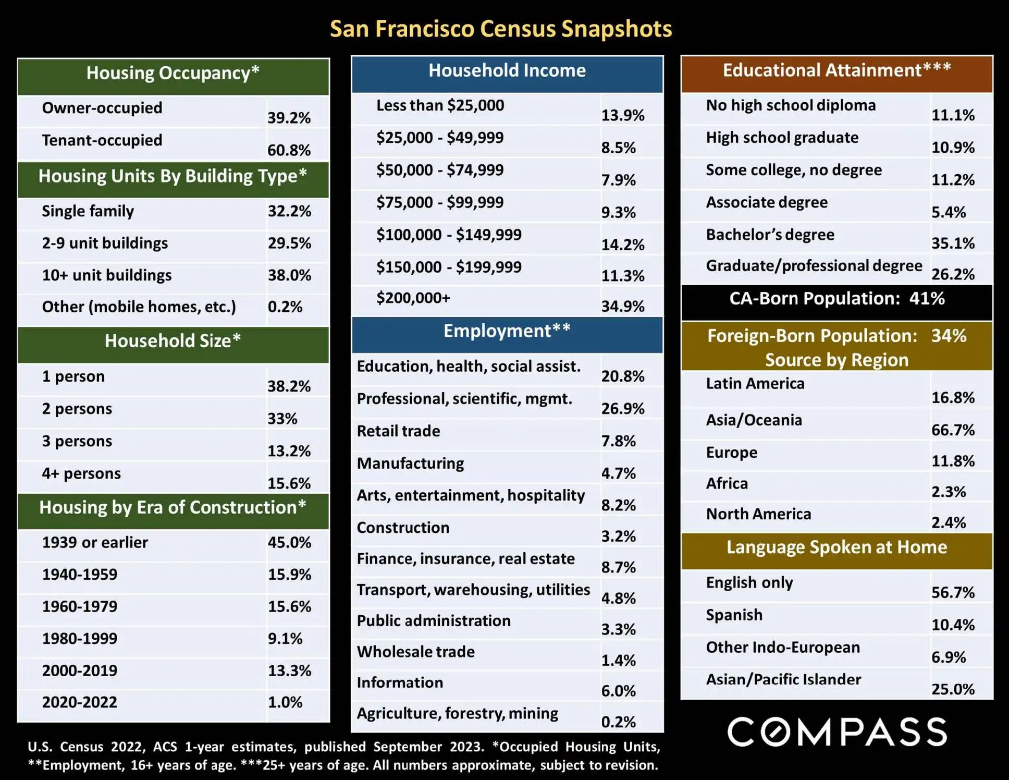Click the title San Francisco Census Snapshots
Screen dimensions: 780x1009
tap(501, 29)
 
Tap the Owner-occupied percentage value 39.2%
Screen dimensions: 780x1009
tap(289, 118)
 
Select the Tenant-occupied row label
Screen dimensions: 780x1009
tap(102, 140)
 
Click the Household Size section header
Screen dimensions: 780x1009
tap(173, 341)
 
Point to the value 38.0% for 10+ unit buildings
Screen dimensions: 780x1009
tap(289, 275)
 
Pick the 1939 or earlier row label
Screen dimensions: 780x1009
tap(95, 542)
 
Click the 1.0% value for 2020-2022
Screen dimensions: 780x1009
tap(285, 702)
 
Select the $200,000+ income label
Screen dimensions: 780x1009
tap(413, 298)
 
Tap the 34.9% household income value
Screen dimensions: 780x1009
tap(623, 306)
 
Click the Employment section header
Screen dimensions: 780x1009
tap(507, 331)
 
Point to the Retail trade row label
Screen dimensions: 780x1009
tap(398, 431)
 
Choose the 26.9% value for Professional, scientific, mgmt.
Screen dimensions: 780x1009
tap(623, 408)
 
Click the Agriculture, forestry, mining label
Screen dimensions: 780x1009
tap(457, 713)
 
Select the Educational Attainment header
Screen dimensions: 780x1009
tap(836, 70)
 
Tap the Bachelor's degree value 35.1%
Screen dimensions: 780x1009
tap(953, 243)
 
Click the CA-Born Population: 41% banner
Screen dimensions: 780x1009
tap(836, 299)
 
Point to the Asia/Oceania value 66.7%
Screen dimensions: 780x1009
tap(953, 430)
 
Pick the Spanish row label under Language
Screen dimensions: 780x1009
tap(734, 615)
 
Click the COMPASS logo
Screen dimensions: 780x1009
tap(836, 732)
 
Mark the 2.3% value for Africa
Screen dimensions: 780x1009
tap(949, 492)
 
